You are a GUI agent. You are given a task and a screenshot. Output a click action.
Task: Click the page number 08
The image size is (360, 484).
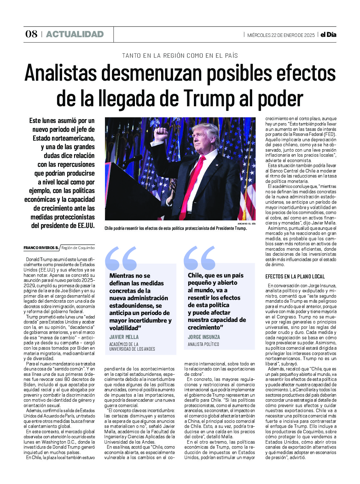[31, 34]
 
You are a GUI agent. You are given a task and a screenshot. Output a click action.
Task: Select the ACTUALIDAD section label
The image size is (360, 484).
[75, 34]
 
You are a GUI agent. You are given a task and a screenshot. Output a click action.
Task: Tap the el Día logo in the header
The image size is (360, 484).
[328, 35]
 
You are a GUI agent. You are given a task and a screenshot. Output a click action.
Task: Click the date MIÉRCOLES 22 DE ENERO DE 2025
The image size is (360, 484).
[281, 35]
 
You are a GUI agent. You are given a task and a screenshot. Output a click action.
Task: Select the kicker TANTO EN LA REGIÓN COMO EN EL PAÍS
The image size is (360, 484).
[180, 56]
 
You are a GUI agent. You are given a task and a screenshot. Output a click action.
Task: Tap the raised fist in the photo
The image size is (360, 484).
[161, 134]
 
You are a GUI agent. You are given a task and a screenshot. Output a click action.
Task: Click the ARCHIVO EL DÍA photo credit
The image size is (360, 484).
[247, 224]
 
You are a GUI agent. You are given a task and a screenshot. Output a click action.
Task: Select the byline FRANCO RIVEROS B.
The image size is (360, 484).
[41, 248]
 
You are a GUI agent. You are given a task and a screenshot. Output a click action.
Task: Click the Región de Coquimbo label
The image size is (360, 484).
[78, 248]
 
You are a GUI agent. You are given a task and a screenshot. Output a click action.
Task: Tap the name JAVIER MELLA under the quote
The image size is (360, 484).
[124, 337]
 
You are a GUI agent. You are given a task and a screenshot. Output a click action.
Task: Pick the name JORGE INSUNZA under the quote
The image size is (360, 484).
[204, 337]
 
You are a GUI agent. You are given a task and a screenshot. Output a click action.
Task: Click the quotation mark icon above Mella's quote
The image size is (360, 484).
[121, 258]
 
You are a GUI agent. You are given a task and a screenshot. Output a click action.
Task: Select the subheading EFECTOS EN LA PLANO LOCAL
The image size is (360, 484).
[295, 277]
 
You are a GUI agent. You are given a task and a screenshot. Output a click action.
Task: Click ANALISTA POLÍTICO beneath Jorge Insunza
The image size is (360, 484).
[203, 344]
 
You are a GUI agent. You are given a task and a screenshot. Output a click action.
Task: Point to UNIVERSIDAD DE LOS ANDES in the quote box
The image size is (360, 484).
[132, 349]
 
